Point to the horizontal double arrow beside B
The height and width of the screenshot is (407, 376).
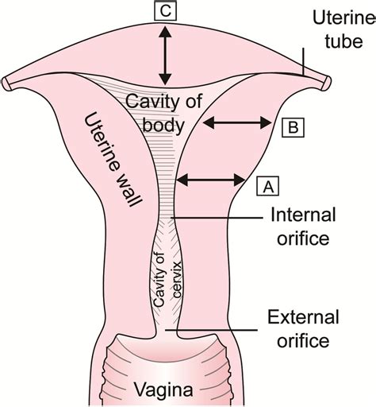pos(237,122)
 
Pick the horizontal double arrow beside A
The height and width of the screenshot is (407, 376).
pos(209,182)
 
